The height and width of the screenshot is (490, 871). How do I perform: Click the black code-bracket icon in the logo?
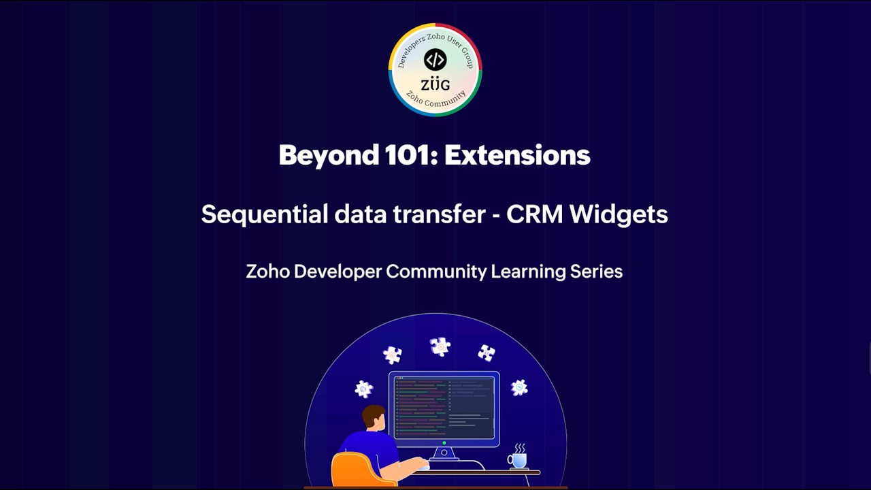click(x=435, y=60)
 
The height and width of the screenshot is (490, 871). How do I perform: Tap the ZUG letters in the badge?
click(x=435, y=84)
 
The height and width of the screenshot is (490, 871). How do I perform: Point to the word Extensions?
click(x=517, y=155)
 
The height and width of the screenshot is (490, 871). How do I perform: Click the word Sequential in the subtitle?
click(x=264, y=214)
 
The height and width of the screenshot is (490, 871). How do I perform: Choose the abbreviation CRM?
click(x=535, y=214)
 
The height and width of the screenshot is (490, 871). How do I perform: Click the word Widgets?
click(x=619, y=214)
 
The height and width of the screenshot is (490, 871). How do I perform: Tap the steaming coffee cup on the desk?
click(x=518, y=459)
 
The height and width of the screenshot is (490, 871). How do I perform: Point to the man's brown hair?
click(x=373, y=414)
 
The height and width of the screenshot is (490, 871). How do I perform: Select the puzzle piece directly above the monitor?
click(x=440, y=346)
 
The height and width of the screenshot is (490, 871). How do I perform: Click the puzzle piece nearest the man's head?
click(x=364, y=389)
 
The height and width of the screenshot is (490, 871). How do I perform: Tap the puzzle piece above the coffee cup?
click(x=519, y=387)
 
